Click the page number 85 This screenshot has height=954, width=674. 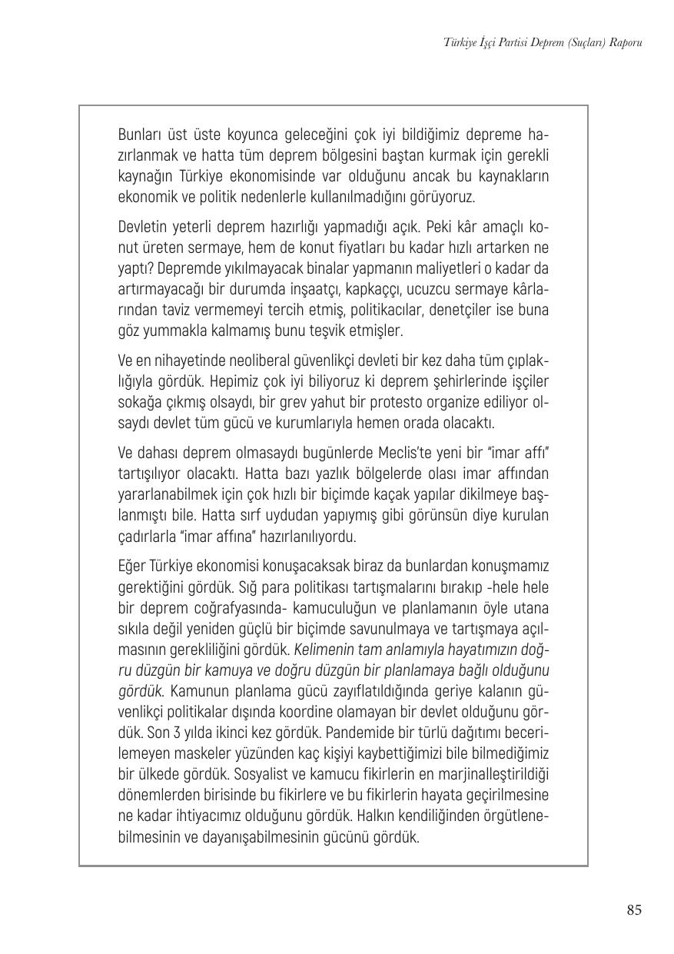tap(633, 910)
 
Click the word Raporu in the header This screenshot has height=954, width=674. tap(623, 42)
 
